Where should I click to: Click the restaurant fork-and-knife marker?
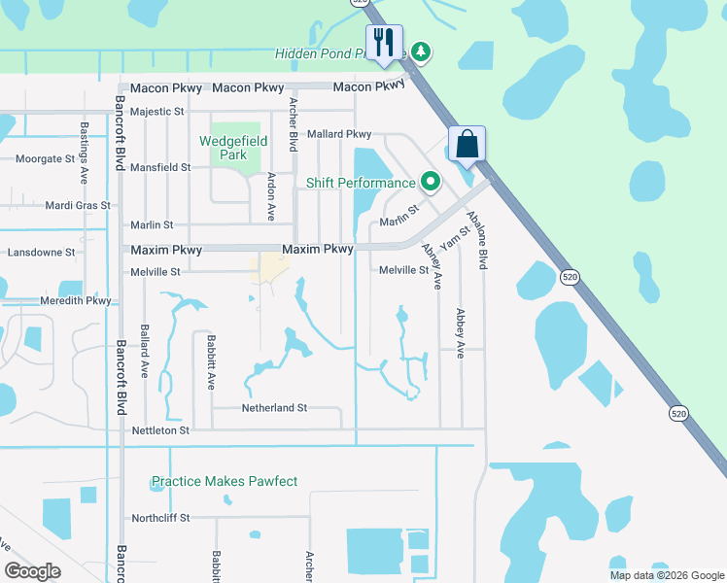(x=386, y=42)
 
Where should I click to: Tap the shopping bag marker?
(x=467, y=145)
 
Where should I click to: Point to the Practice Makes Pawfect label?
(x=225, y=481)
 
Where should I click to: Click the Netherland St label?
(x=274, y=408)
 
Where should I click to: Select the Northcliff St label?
(x=161, y=518)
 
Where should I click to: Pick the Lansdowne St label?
(x=41, y=253)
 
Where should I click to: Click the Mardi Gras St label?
(x=75, y=205)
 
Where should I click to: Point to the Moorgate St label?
(x=45, y=158)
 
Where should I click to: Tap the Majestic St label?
(x=157, y=112)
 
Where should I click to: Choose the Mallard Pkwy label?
(x=339, y=134)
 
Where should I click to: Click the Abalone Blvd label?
(x=476, y=239)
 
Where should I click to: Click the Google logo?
(x=32, y=571)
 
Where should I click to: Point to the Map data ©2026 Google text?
(x=667, y=575)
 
